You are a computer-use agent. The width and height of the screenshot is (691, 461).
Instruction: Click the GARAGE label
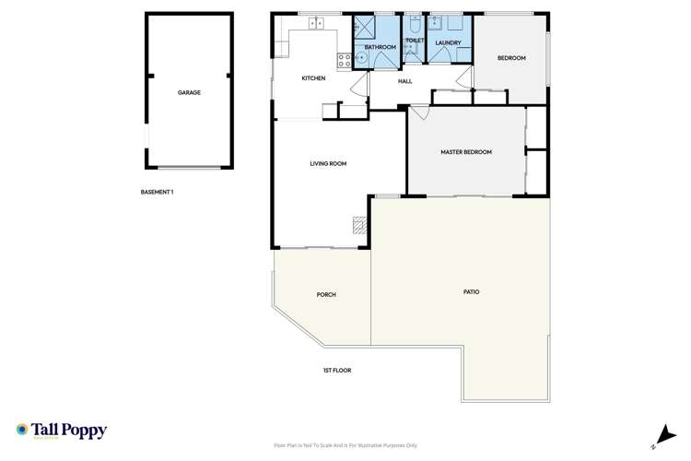[189, 93]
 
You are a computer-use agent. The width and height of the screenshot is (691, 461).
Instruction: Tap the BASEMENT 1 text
[157, 193]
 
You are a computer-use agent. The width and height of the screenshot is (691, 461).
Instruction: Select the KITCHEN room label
[313, 78]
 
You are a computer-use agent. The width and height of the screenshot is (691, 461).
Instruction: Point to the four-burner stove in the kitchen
[344, 61]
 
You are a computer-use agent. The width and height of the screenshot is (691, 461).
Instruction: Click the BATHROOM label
[380, 47]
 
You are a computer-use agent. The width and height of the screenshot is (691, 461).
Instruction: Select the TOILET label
[414, 41]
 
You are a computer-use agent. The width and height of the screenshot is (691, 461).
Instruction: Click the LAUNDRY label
[449, 43]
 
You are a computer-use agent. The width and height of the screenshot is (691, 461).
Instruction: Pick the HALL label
[404, 81]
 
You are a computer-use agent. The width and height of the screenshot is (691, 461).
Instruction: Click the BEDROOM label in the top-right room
[511, 58]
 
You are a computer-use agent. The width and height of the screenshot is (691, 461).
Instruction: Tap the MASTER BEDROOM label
[466, 152]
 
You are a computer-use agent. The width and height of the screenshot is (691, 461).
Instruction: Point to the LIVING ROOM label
[328, 163]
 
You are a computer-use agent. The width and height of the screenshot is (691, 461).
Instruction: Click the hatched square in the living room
[359, 224]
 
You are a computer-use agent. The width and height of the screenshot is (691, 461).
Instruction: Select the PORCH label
[326, 295]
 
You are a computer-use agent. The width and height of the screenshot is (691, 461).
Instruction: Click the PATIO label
[471, 292]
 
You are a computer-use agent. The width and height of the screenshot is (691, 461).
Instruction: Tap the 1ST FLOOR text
[337, 371]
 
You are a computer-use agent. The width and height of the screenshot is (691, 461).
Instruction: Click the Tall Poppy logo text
[70, 431]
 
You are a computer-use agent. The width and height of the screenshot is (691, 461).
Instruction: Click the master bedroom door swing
[419, 113]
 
